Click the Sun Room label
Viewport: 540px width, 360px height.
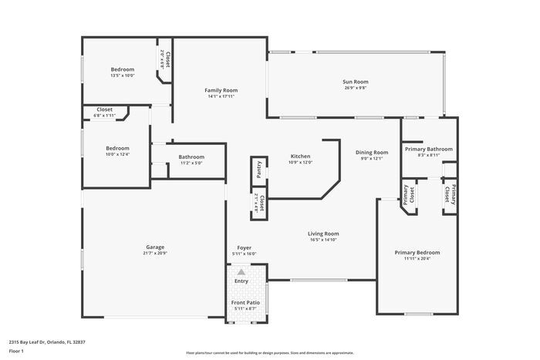pyautogui.click(x=355, y=82)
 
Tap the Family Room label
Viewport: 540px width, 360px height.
pyautogui.click(x=221, y=90)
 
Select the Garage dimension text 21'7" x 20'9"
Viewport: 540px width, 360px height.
pyautogui.click(x=154, y=253)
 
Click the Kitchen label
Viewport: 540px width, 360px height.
pyautogui.click(x=300, y=156)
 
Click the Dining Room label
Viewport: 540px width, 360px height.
pyautogui.click(x=371, y=152)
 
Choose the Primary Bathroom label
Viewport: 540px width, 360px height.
pyautogui.click(x=428, y=149)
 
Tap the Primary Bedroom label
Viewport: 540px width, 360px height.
pyautogui.click(x=417, y=252)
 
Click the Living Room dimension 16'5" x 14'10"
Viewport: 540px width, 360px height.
pyautogui.click(x=324, y=240)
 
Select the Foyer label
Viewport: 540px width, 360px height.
pyautogui.click(x=244, y=247)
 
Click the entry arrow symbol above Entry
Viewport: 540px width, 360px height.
pyautogui.click(x=241, y=272)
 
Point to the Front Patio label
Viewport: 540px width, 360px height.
pyautogui.click(x=244, y=302)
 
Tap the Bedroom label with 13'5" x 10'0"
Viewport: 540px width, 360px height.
pyautogui.click(x=122, y=69)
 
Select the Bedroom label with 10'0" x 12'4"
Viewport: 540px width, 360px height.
pyautogui.click(x=117, y=148)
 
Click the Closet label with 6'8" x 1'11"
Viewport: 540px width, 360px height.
pyautogui.click(x=104, y=109)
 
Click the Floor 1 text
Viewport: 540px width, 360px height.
pyautogui.click(x=16, y=351)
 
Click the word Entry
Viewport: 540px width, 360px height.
pyautogui.click(x=241, y=281)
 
